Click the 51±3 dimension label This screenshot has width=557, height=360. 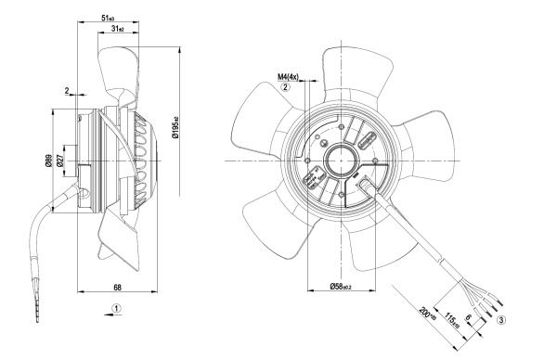point(108,19)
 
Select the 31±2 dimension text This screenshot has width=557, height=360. point(118,29)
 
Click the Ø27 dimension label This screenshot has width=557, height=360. point(59,161)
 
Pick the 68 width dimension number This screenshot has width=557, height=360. point(117,287)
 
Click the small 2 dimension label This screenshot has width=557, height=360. point(67,91)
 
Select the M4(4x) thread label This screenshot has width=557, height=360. point(288,77)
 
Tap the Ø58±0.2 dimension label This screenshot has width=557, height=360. point(341,286)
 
